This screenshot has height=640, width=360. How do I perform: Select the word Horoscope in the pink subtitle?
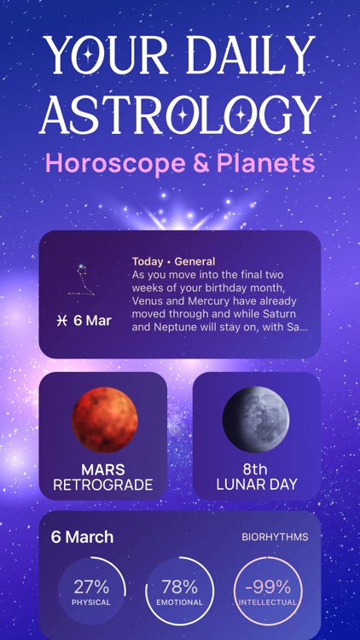(x=119, y=162)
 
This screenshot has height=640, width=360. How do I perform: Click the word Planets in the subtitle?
(x=269, y=162)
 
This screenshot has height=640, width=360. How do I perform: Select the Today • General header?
(x=174, y=262)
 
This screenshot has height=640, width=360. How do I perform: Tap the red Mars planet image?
(x=105, y=419)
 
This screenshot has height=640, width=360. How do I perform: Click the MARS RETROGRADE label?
(x=103, y=477)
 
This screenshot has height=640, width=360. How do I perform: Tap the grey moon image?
(x=256, y=419)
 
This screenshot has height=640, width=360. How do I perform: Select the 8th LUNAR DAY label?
(x=256, y=477)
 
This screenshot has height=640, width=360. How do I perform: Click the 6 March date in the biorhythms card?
(x=82, y=538)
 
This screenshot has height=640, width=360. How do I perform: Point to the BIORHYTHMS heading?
(x=274, y=538)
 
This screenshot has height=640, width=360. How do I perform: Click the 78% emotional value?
(x=179, y=587)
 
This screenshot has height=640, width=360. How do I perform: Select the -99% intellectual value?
(x=268, y=587)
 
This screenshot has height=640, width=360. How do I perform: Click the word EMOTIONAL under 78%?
(x=179, y=602)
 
